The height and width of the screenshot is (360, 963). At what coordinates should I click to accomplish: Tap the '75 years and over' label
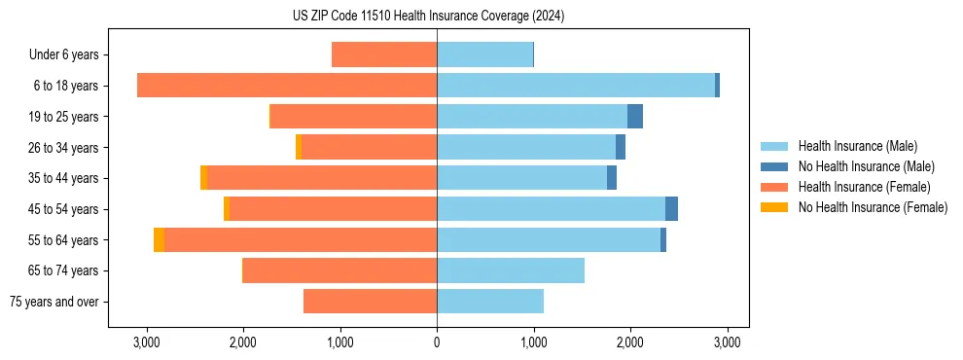point(53,302)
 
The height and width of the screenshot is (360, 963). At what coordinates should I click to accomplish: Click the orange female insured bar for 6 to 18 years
point(287,86)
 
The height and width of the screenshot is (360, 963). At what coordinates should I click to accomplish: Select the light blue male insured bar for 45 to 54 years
point(551,209)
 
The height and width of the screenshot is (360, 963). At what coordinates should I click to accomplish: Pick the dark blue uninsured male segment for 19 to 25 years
point(635,117)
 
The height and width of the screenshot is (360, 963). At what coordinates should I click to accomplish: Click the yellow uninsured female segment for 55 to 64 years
point(159,240)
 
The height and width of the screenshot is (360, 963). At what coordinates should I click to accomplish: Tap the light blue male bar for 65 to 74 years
point(511,270)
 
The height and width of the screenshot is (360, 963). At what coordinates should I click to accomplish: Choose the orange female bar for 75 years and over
point(370,302)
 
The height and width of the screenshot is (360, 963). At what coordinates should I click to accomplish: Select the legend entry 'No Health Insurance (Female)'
point(873,207)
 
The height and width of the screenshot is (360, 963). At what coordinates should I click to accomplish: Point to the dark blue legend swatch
point(774,166)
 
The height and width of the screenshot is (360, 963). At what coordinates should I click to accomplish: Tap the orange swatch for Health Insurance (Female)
point(774,187)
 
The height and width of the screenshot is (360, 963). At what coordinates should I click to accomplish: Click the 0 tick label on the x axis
point(437,342)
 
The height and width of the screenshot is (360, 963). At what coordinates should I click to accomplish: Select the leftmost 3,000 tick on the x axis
point(146,342)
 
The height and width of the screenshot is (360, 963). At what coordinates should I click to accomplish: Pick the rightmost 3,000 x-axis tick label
point(728,342)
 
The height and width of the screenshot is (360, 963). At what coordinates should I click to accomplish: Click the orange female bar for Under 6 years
point(384,54)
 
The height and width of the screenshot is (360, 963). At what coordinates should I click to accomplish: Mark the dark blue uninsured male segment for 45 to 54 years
point(671,209)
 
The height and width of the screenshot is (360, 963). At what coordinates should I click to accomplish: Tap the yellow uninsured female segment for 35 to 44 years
point(203,178)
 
